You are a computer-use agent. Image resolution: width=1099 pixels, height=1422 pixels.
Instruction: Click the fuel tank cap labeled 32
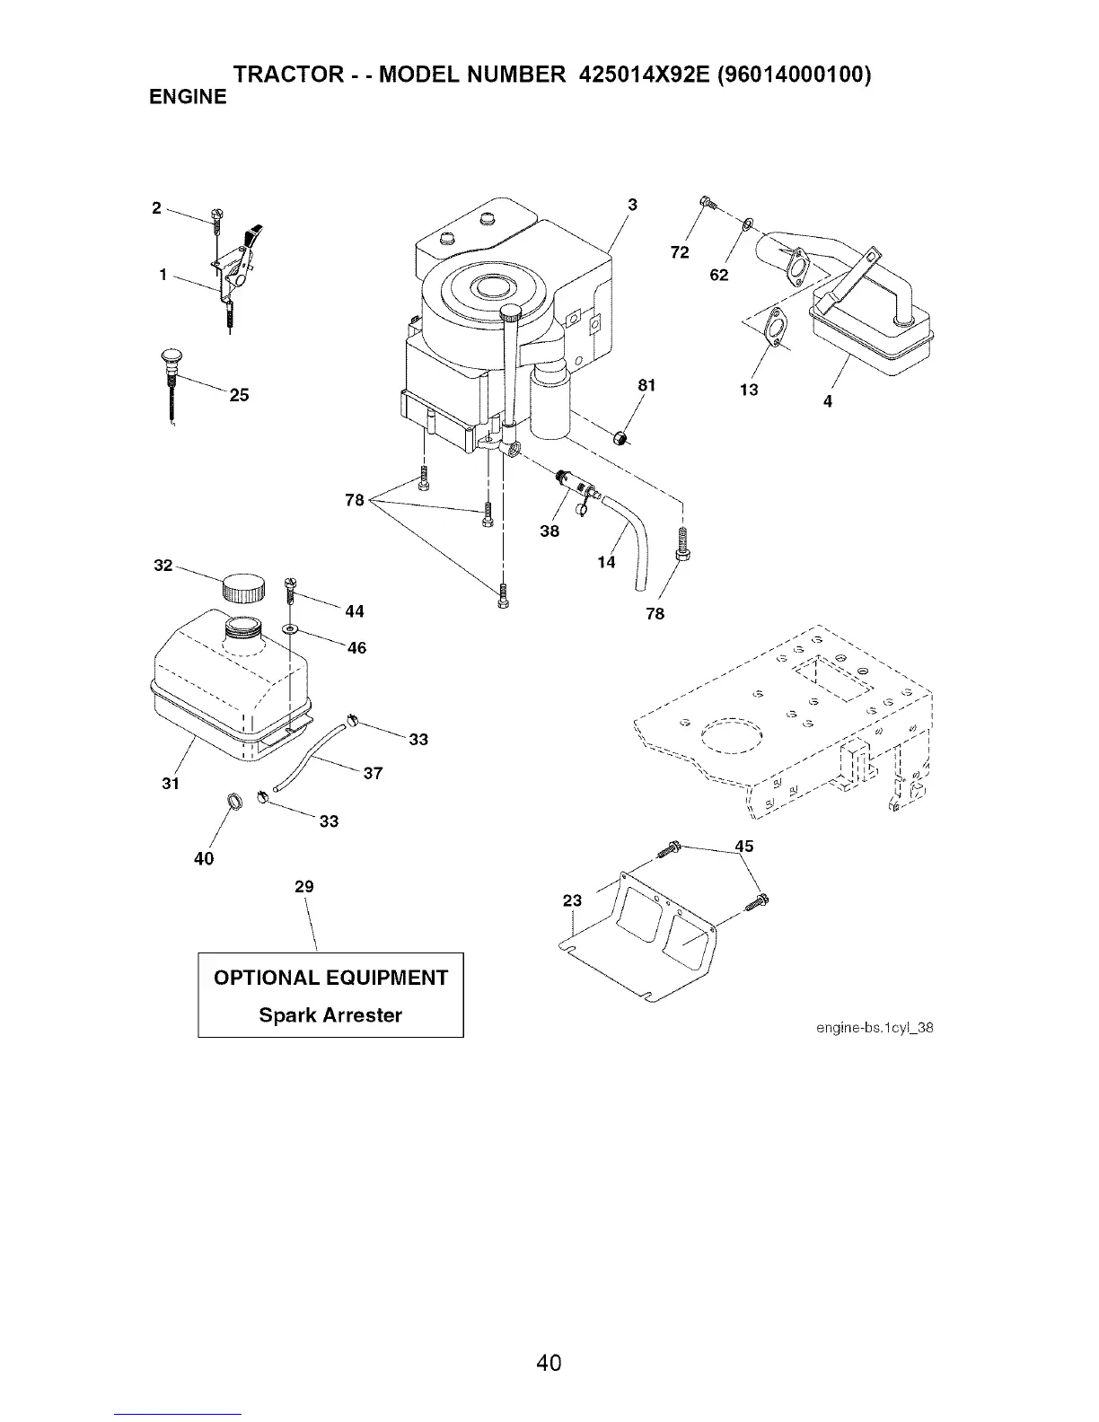pyautogui.click(x=243, y=589)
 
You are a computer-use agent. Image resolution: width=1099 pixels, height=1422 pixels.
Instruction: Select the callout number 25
pyautogui.click(x=239, y=395)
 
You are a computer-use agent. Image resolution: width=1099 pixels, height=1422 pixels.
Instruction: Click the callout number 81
pyautogui.click(x=646, y=385)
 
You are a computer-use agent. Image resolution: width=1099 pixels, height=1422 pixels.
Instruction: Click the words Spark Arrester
pyautogui.click(x=330, y=1015)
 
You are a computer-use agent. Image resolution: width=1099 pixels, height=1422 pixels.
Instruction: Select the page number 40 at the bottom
pyautogui.click(x=549, y=1363)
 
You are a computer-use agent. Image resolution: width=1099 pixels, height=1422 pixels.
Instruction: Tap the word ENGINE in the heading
pyautogui.click(x=188, y=97)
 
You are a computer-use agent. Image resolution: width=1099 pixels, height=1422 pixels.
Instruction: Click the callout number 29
pyautogui.click(x=304, y=887)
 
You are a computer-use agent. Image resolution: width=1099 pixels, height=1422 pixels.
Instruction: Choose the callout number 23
pyautogui.click(x=572, y=900)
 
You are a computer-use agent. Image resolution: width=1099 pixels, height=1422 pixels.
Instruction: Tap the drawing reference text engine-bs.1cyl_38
pyautogui.click(x=875, y=1028)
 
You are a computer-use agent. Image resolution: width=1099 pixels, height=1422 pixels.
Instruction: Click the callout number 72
pyautogui.click(x=680, y=252)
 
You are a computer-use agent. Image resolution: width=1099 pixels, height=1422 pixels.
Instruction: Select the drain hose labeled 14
pyautogui.click(x=634, y=539)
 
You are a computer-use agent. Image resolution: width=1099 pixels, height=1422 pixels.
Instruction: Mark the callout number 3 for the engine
pyautogui.click(x=632, y=205)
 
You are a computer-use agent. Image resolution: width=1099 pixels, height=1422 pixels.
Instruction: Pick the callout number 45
pyautogui.click(x=743, y=847)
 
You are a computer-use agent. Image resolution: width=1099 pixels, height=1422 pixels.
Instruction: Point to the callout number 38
pyautogui.click(x=549, y=531)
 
